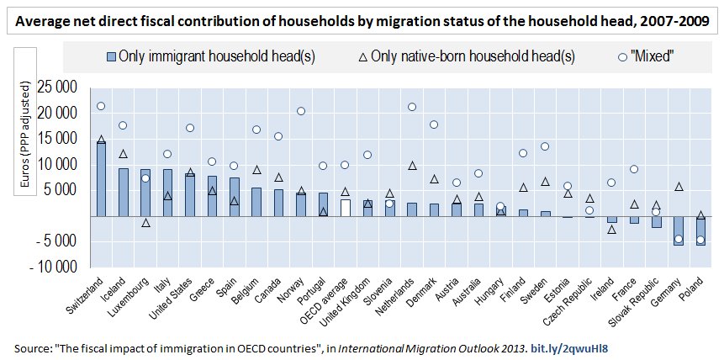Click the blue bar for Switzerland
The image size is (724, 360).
click(101, 179)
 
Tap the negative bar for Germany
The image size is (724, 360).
click(678, 230)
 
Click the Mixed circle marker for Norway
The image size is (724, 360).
click(300, 111)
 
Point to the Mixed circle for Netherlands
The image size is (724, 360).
click(412, 107)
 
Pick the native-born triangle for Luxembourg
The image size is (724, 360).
click(145, 223)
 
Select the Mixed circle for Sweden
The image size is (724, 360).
click(545, 146)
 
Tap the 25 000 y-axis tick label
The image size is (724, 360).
click(57, 87)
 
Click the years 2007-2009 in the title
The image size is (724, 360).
click(672, 19)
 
